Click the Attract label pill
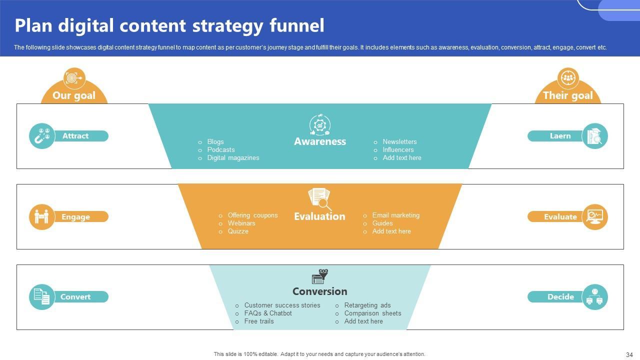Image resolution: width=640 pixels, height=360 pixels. (75, 136)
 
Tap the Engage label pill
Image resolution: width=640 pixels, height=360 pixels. (75, 217)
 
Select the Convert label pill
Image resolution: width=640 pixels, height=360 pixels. (75, 297)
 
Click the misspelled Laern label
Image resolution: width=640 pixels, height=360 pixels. (560, 136)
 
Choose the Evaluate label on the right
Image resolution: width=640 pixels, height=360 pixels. (560, 217)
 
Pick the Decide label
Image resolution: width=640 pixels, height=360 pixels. (560, 297)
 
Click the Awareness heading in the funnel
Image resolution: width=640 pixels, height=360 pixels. (320, 141)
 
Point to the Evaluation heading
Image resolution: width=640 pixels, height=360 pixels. (319, 216)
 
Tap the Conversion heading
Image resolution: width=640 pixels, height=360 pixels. (319, 291)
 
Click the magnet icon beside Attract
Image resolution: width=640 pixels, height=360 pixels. (42, 136)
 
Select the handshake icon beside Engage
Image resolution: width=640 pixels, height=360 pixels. (42, 217)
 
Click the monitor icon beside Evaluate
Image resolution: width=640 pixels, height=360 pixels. (595, 217)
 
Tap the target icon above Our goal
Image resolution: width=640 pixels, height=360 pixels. (74, 78)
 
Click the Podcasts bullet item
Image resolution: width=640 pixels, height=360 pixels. (221, 149)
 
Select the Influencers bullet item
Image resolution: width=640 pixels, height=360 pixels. (398, 149)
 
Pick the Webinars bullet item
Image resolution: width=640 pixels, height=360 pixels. (241, 223)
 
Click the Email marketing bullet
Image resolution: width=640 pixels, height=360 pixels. (395, 215)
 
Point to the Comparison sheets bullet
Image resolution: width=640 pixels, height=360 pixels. (372, 313)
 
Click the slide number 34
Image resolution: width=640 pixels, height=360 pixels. (629, 355)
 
